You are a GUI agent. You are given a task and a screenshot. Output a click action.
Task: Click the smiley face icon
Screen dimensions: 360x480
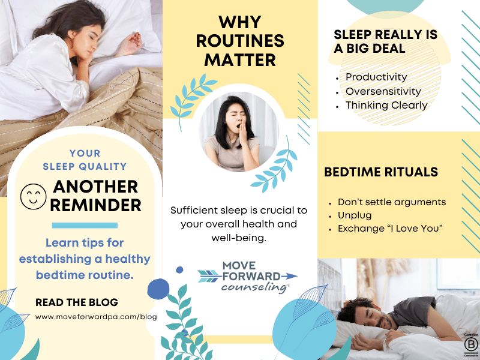(x=32, y=196)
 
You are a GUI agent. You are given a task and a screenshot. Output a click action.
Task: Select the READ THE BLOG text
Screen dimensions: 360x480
(x=77, y=302)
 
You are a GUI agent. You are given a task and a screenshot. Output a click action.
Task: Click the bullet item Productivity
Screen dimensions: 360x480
(x=376, y=77)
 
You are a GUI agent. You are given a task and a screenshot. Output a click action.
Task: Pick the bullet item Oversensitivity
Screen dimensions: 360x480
(x=383, y=91)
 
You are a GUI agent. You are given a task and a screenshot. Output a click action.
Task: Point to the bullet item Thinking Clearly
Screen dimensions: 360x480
(x=386, y=105)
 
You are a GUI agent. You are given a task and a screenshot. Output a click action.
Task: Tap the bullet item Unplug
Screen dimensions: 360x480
(x=355, y=215)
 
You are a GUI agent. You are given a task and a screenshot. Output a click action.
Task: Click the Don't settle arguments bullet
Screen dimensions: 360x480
(x=392, y=202)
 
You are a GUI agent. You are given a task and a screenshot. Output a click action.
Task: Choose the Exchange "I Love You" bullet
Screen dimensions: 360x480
(x=390, y=228)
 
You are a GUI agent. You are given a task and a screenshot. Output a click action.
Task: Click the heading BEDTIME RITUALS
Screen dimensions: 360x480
(x=381, y=172)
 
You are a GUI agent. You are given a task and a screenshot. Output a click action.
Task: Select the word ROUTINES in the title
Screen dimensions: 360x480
(x=239, y=42)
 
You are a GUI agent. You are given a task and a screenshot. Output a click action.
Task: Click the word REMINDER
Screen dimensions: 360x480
(x=95, y=205)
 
